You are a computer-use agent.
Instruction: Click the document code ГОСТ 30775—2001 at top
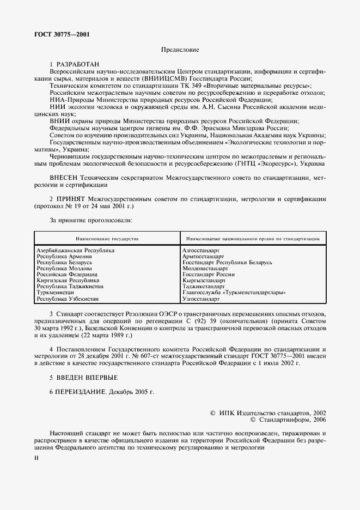tap(62, 34)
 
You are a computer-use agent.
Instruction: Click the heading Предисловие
tap(180, 50)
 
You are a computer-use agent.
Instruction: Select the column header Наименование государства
tap(107, 239)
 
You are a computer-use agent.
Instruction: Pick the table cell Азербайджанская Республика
tap(75, 250)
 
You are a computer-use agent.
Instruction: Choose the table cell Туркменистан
tap(55, 293)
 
